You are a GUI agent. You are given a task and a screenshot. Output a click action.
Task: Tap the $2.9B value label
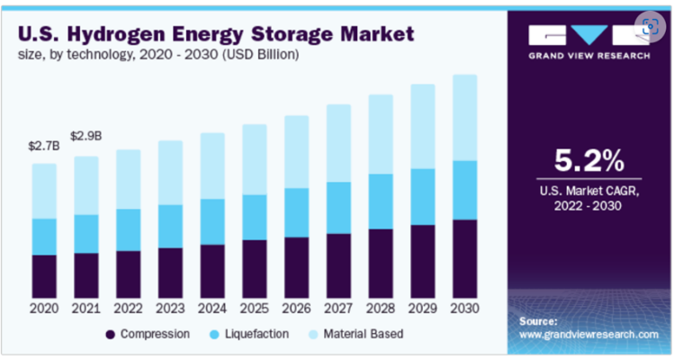85,136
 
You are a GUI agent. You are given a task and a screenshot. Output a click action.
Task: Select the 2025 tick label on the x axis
255,308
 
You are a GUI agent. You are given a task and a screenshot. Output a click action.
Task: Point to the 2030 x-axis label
464,308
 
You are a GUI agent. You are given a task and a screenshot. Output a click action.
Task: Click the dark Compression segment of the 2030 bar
464,259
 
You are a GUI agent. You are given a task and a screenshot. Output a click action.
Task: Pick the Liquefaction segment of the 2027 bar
338,207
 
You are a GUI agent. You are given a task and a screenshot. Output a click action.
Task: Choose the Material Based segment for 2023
170,172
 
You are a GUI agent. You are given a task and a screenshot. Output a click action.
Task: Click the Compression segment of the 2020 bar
43,276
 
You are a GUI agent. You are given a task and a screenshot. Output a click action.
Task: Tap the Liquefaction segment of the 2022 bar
128,229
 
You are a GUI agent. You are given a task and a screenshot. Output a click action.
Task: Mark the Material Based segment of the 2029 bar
423,126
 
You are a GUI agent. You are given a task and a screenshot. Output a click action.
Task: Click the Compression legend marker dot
111,334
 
